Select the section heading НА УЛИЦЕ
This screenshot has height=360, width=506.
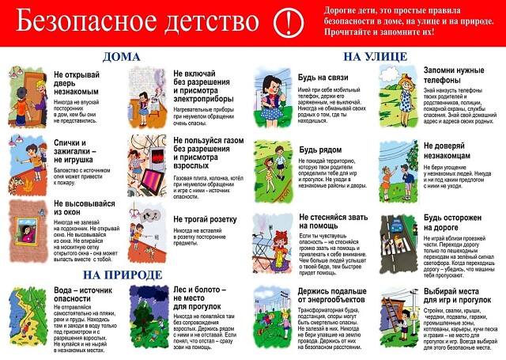[375, 57]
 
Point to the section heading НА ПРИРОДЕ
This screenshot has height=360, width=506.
[122, 275]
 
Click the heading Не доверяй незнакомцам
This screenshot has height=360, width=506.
[453, 151]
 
